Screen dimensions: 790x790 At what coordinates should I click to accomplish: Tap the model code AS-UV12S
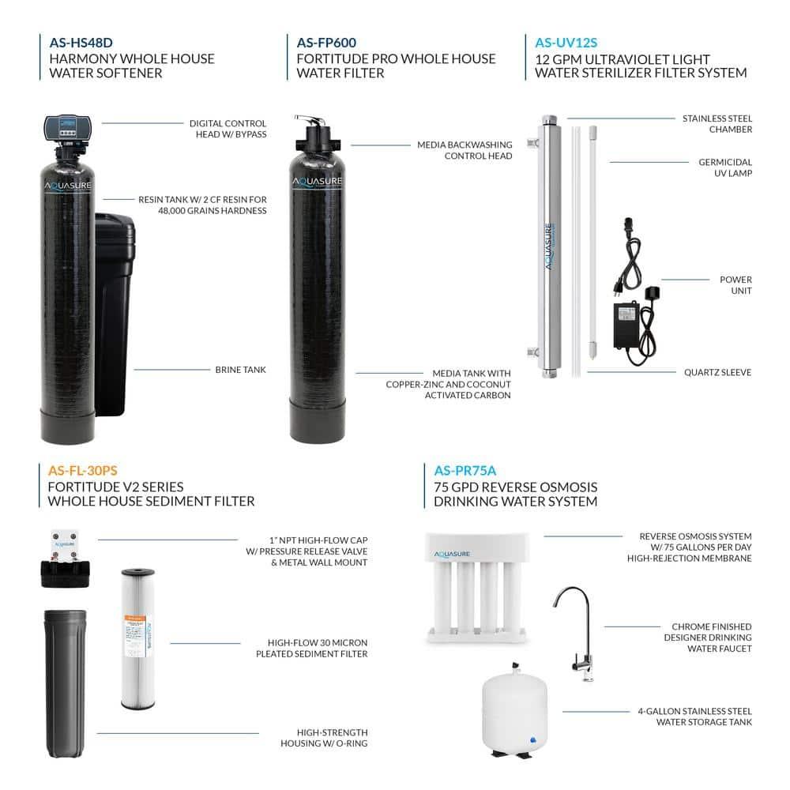(566, 43)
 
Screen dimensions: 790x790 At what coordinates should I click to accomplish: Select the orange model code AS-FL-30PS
(84, 471)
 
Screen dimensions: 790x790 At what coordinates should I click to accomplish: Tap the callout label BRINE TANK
(240, 369)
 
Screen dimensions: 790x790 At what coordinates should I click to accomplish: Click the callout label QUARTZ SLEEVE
(717, 373)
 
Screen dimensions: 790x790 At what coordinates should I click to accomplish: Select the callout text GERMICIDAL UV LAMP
(724, 167)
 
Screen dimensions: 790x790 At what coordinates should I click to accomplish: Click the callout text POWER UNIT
(735, 285)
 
